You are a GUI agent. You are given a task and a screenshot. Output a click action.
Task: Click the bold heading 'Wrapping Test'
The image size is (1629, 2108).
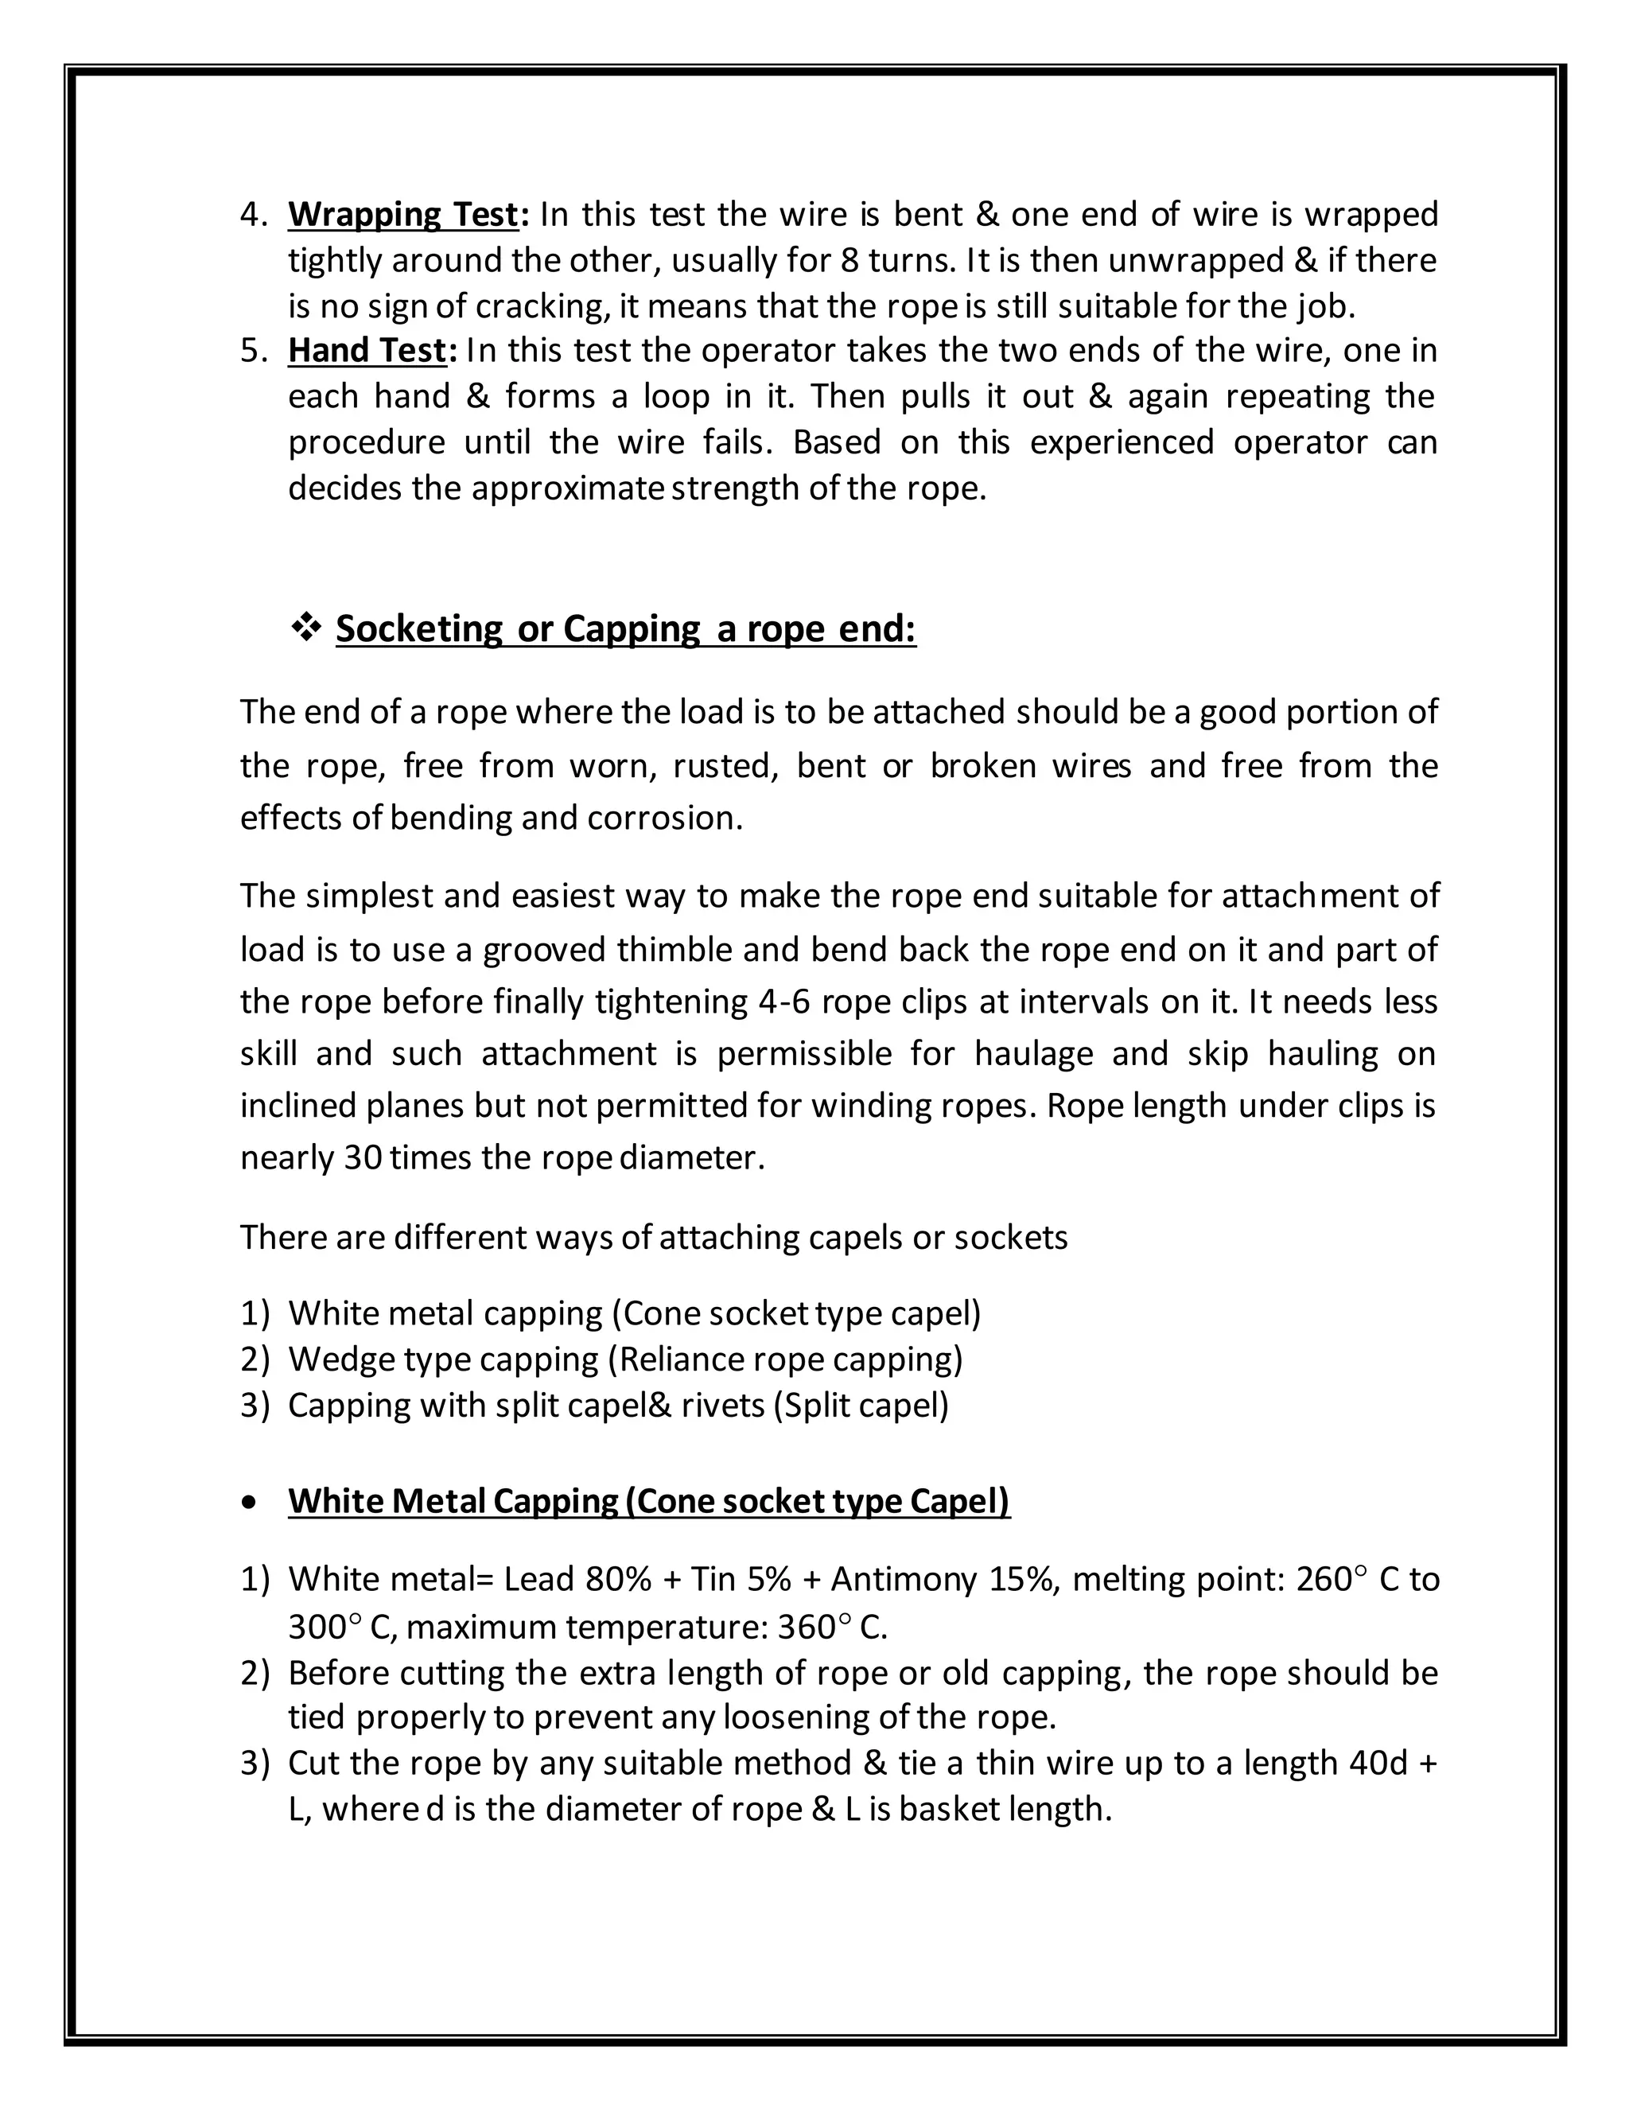coord(402,214)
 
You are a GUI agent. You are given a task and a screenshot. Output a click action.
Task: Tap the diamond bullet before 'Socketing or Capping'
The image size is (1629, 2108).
coord(306,628)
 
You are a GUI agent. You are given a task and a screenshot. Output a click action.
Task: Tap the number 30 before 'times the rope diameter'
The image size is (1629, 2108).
coord(363,1157)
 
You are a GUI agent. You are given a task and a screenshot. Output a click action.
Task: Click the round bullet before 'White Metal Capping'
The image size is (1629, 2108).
coord(251,1503)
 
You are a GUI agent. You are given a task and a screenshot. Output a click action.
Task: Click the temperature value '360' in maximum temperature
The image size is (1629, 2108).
coord(806,1628)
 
